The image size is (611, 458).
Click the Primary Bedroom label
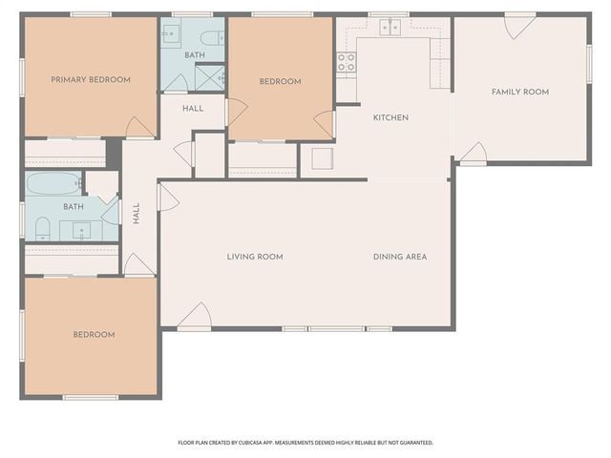click(91, 80)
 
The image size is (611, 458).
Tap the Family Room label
click(520, 92)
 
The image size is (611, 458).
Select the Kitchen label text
click(390, 117)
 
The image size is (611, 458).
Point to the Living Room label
click(255, 257)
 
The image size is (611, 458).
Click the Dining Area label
click(399, 257)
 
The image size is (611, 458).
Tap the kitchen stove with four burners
click(346, 63)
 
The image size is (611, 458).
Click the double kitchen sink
click(390, 28)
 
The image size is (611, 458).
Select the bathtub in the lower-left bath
click(55, 183)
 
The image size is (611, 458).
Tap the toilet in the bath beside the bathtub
click(42, 228)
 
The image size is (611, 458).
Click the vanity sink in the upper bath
click(171, 35)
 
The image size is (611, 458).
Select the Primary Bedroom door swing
click(140, 126)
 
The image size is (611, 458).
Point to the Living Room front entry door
click(195, 315)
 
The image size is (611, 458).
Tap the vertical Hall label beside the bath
click(137, 212)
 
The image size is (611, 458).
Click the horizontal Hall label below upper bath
click(193, 109)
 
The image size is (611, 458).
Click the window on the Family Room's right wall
click(589, 66)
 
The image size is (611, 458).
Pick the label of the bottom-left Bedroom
click(95, 335)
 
